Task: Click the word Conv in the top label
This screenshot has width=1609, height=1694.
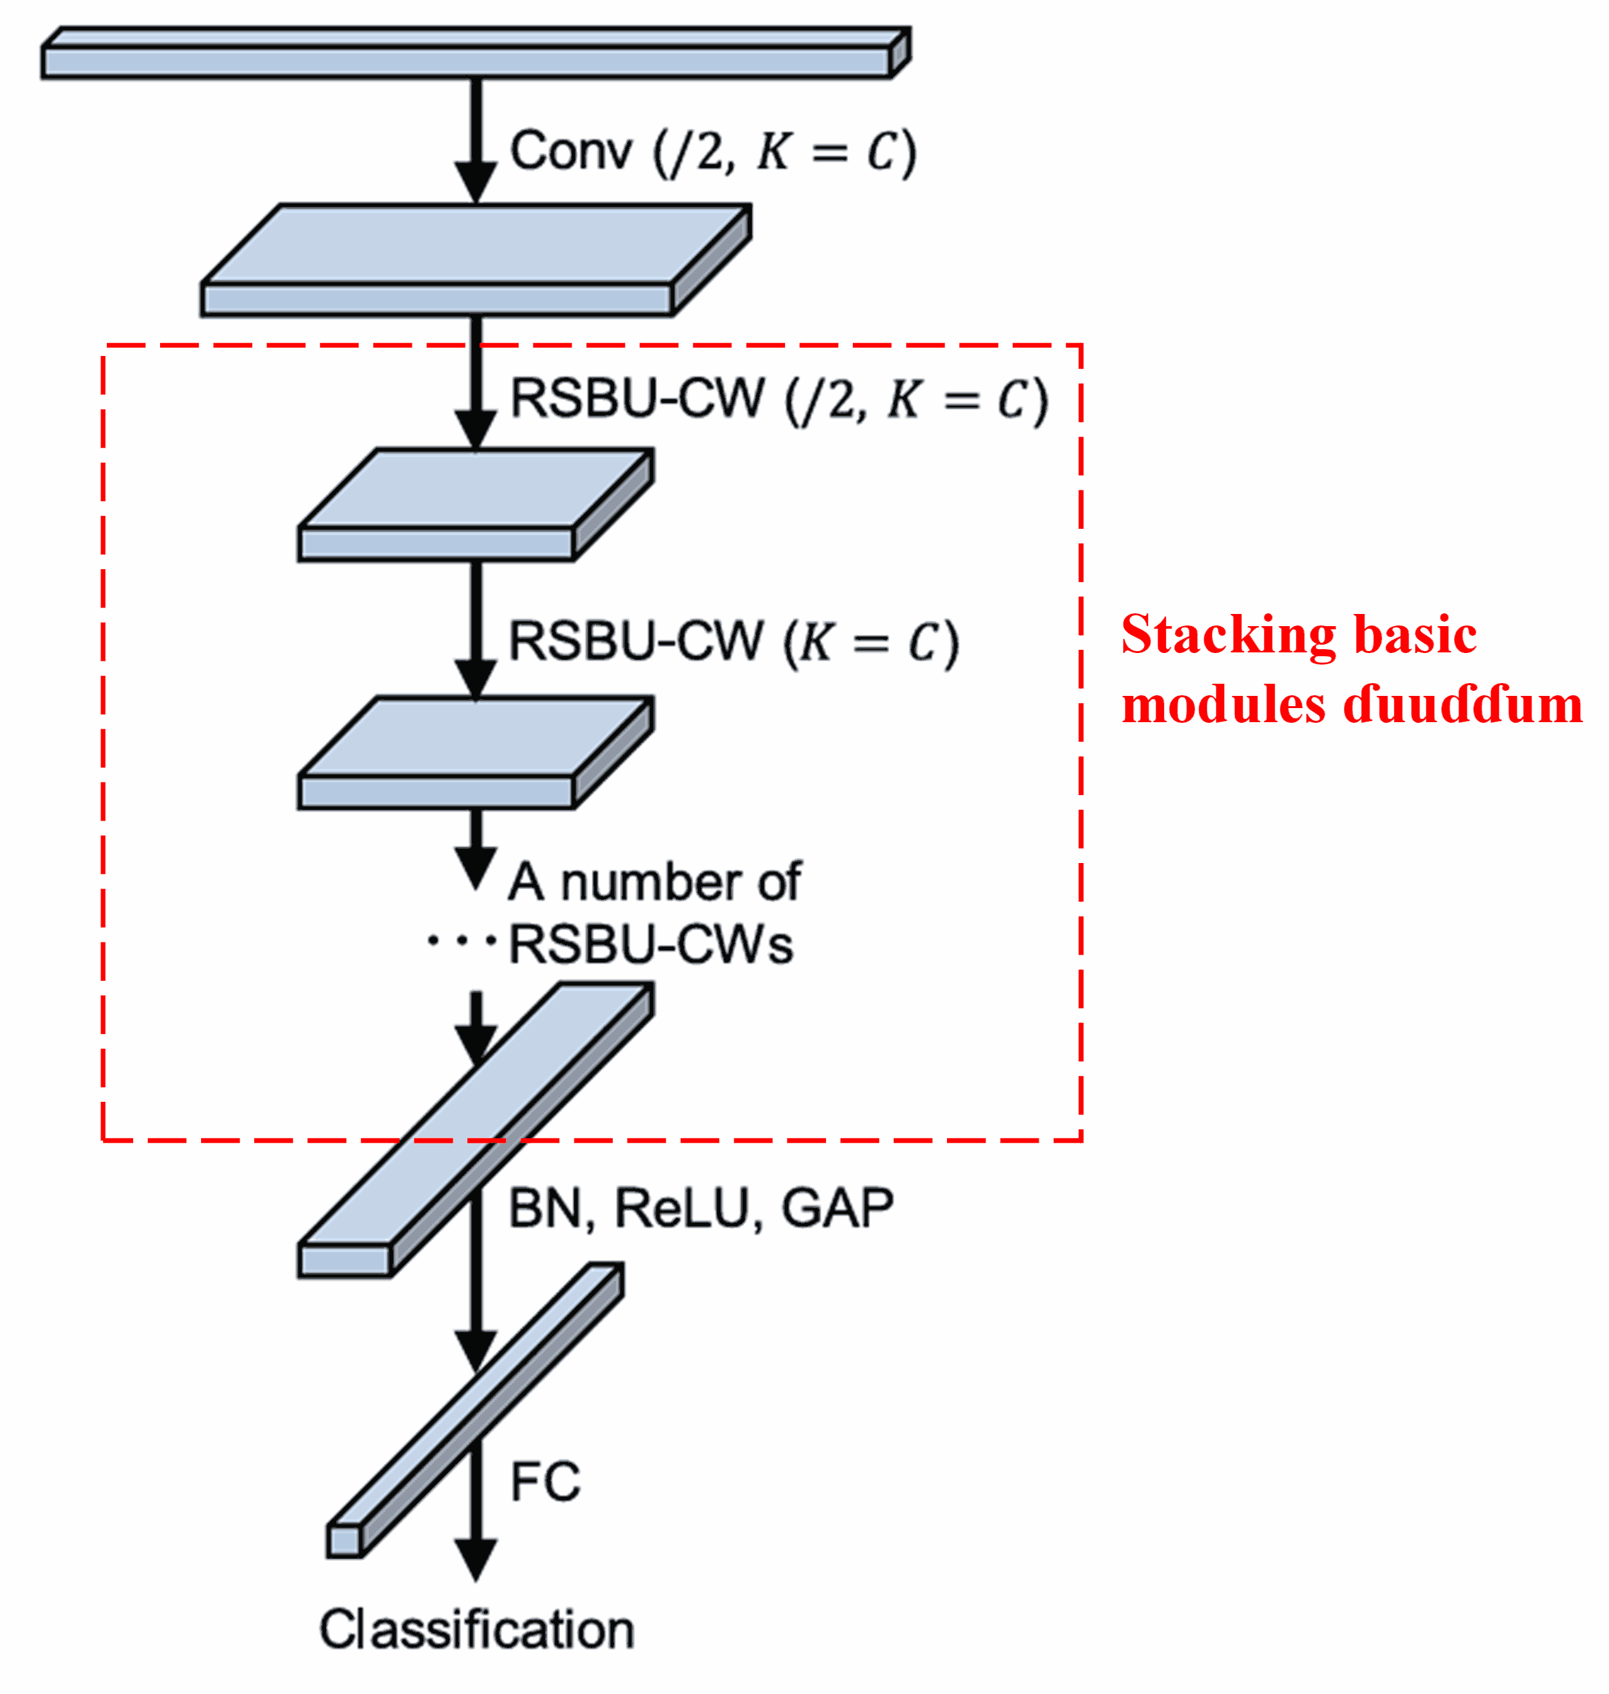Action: [570, 152]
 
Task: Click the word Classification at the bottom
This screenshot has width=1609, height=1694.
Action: [477, 1630]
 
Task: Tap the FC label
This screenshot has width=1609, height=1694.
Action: [545, 1481]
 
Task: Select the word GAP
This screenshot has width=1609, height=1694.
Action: [837, 1209]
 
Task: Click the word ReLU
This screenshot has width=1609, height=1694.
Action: [681, 1209]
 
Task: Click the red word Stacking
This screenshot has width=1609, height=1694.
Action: [1227, 636]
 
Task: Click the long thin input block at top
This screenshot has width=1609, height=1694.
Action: [467, 61]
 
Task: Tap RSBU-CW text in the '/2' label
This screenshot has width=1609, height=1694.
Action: [637, 399]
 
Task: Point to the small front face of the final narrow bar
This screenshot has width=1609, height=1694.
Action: [344, 1542]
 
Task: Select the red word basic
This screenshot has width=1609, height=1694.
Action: [1414, 636]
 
